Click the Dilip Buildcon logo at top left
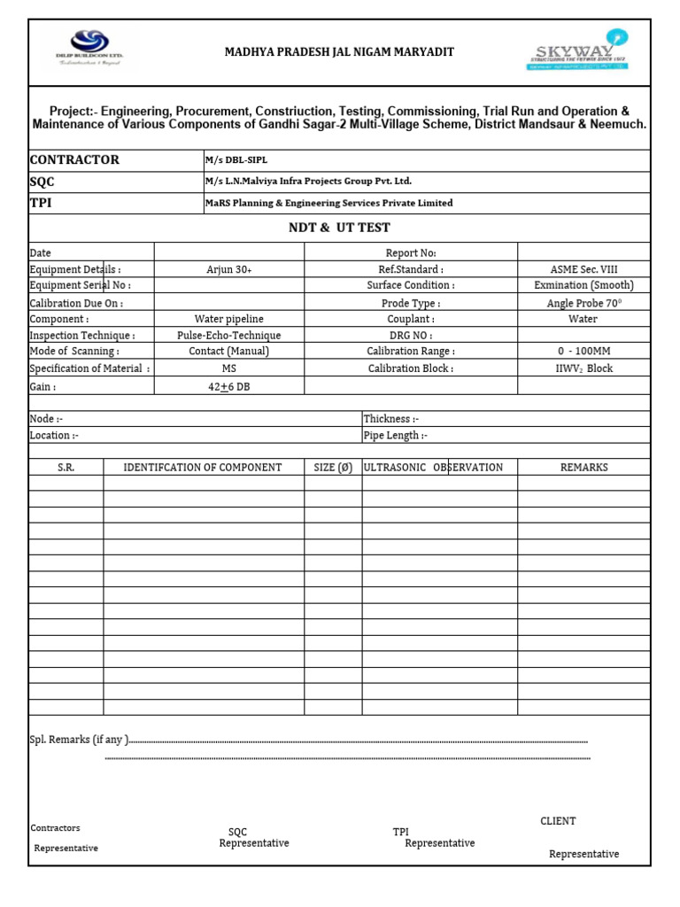[x=90, y=50]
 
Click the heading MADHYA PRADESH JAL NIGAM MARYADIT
[x=339, y=52]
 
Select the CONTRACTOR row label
[x=74, y=160]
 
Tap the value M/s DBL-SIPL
[x=236, y=160]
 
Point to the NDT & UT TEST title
[x=339, y=228]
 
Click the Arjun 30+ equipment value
[x=229, y=269]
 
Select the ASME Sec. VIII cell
[x=583, y=269]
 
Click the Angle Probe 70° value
[x=583, y=303]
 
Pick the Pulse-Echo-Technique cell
[x=229, y=336]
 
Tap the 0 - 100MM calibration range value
[x=583, y=352]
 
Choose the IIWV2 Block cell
[x=583, y=368]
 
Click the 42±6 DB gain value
[x=229, y=387]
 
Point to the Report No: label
[x=411, y=253]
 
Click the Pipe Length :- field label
[x=396, y=436]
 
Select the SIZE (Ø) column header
[x=333, y=468]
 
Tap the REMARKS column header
[x=583, y=468]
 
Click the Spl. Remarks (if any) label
[x=80, y=740]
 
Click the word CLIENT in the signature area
[x=558, y=821]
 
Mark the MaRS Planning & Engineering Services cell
[x=328, y=203]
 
